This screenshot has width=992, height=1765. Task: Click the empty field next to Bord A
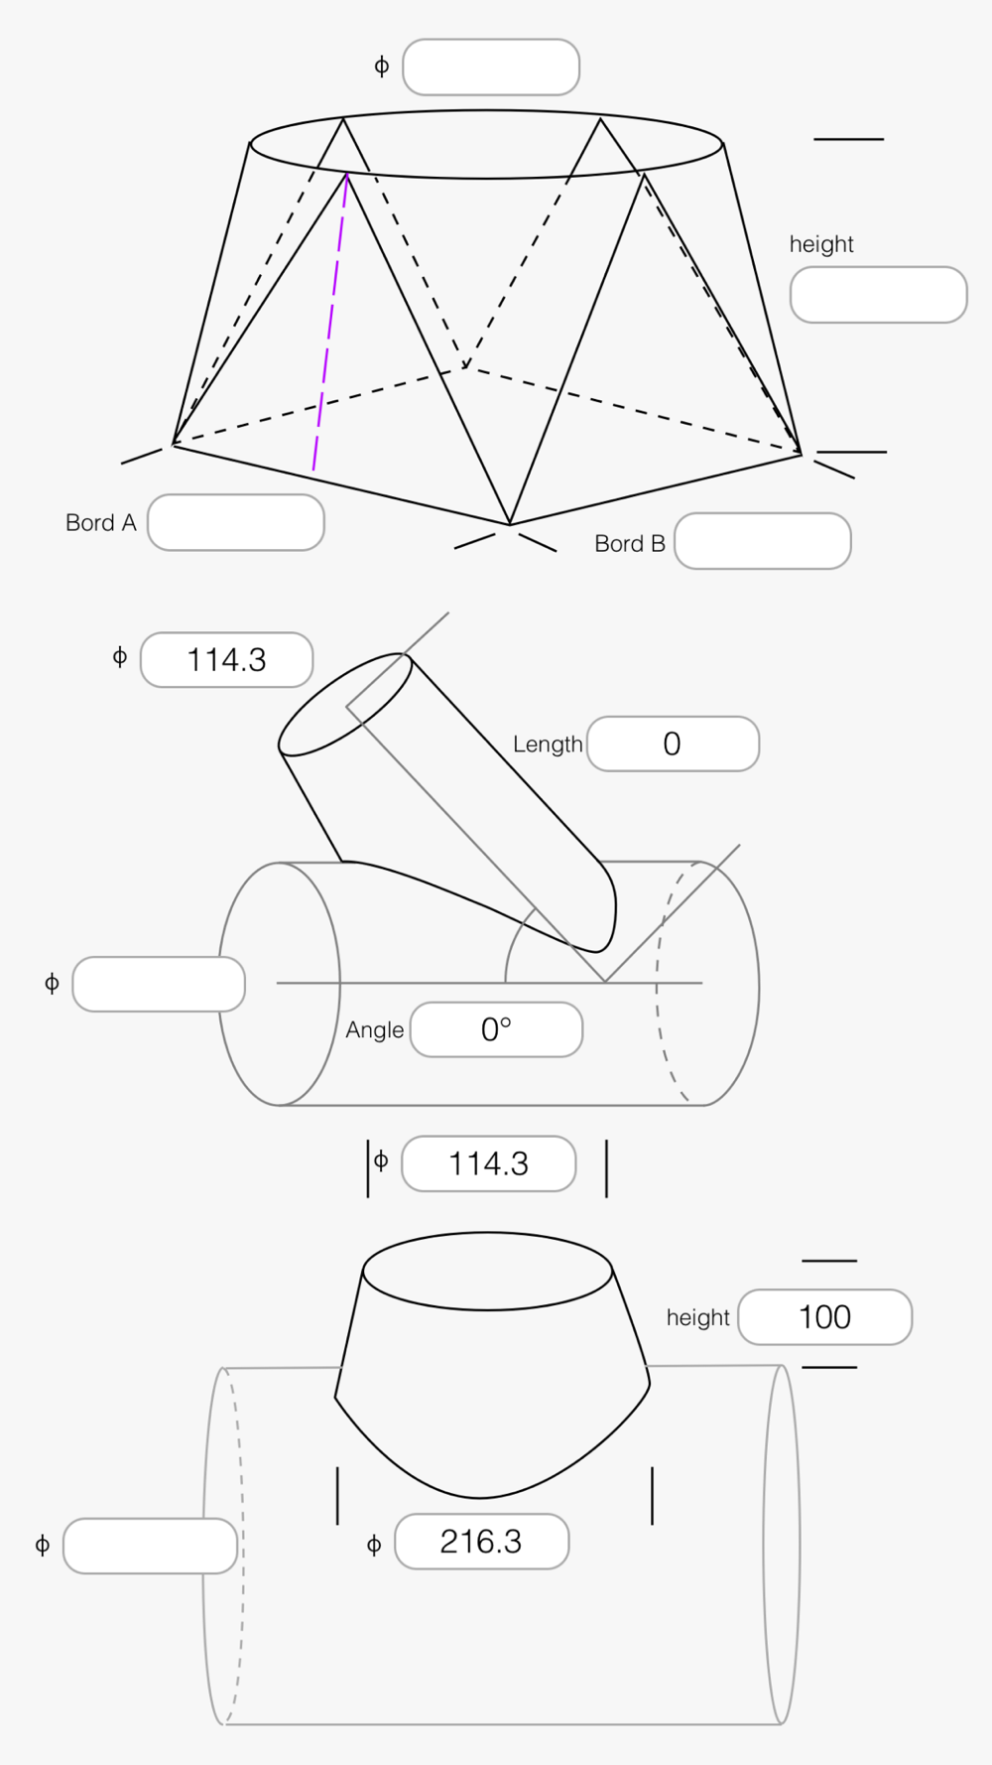tap(236, 522)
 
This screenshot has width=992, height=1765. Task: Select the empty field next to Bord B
tap(763, 541)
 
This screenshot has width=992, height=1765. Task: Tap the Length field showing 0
tap(674, 744)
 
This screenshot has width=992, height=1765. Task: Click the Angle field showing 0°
tap(497, 1029)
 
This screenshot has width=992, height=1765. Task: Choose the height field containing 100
tap(825, 1317)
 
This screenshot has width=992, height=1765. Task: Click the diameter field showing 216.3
tap(482, 1542)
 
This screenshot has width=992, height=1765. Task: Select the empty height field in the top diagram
tap(879, 295)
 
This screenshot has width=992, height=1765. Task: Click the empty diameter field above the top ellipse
tap(491, 68)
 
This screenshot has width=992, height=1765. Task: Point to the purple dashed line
tap(330, 322)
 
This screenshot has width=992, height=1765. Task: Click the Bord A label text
tap(101, 523)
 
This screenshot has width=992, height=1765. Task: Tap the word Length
tap(548, 745)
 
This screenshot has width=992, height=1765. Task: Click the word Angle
tap(375, 1030)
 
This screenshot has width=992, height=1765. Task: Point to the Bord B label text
tap(630, 544)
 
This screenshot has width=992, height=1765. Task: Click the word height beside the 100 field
tap(698, 1317)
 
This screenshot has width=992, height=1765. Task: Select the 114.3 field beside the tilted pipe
tap(227, 660)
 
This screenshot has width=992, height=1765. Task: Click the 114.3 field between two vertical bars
tap(489, 1163)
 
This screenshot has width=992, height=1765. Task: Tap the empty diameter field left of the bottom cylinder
tap(151, 1546)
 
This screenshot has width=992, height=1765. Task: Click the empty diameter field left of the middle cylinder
tap(159, 985)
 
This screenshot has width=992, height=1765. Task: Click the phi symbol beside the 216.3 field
tap(374, 1545)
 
